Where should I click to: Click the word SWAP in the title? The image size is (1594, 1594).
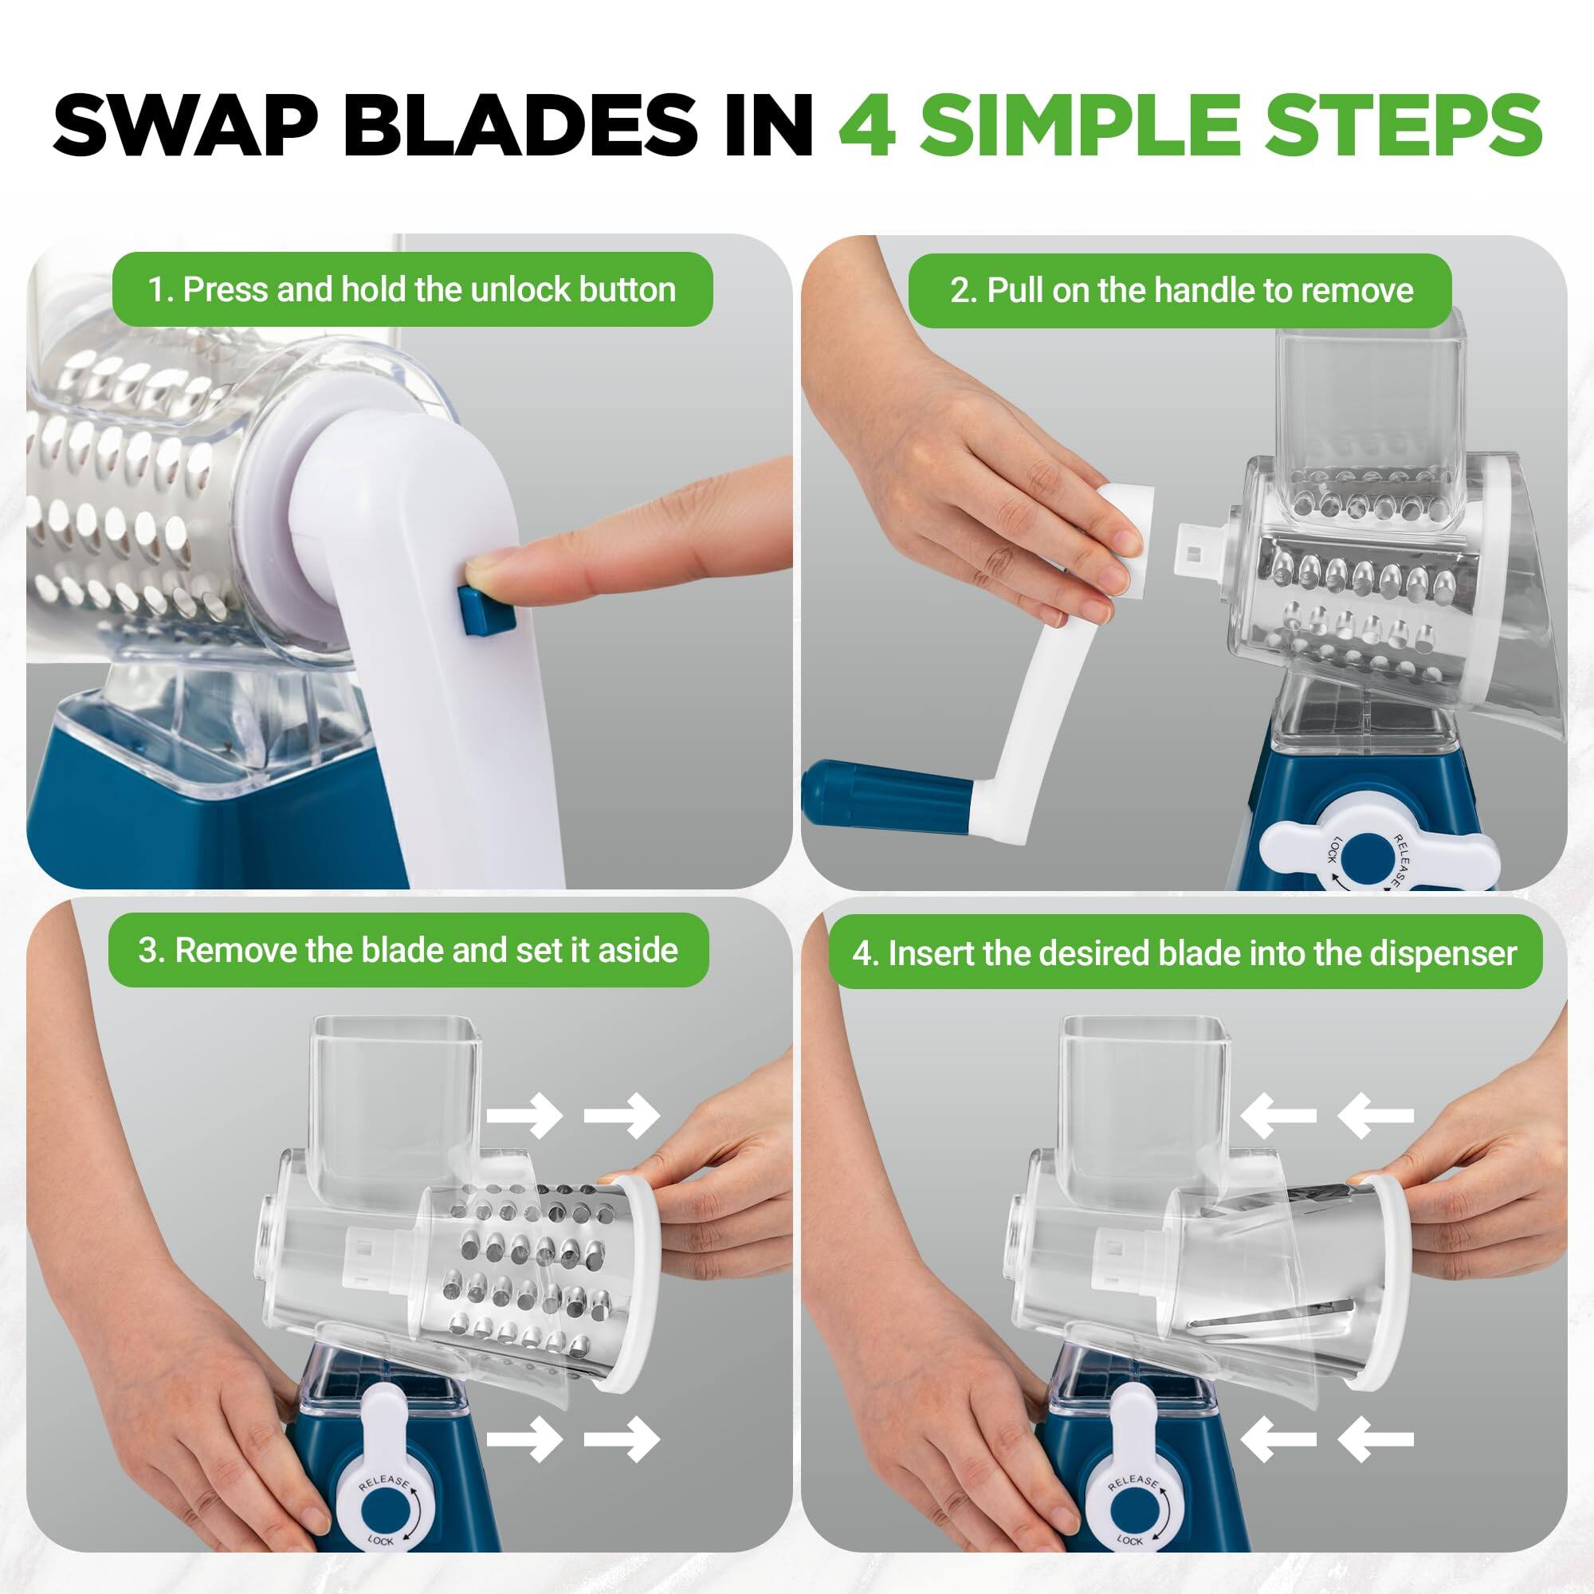pyautogui.click(x=185, y=125)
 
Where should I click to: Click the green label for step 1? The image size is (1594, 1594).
pyautogui.click(x=412, y=289)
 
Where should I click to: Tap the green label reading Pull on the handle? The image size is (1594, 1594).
pyautogui.click(x=1180, y=290)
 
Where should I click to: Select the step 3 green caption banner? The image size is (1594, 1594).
pyautogui.click(x=407, y=951)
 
